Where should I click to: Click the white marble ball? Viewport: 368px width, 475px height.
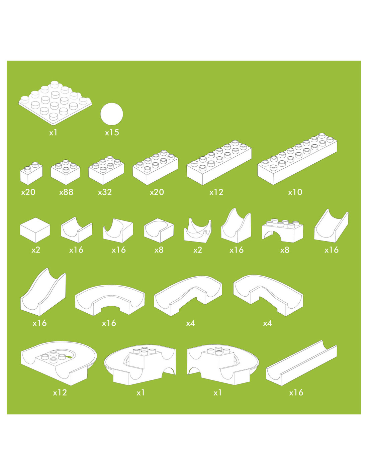point(112,114)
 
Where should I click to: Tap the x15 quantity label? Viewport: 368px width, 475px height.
point(112,133)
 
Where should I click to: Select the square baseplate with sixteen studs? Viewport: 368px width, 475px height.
point(55,103)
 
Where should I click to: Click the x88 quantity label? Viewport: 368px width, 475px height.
point(66,192)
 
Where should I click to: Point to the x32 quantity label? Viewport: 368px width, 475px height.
point(105,192)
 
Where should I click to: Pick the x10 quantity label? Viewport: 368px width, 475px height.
point(295,192)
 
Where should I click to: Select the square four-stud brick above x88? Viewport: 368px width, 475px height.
point(66,172)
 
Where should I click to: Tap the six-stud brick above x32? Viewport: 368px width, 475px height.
point(106,170)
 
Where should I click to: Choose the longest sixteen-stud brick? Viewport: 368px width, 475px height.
point(297,159)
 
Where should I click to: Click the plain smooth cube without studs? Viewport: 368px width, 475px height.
point(35,230)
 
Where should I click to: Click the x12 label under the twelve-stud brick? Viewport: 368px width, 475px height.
point(216,192)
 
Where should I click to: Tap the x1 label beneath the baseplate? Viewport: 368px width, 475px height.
point(53,133)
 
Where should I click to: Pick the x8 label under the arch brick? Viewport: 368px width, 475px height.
point(285,250)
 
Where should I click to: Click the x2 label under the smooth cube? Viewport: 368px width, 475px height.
point(36,250)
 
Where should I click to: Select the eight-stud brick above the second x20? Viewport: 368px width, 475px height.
point(156,167)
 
